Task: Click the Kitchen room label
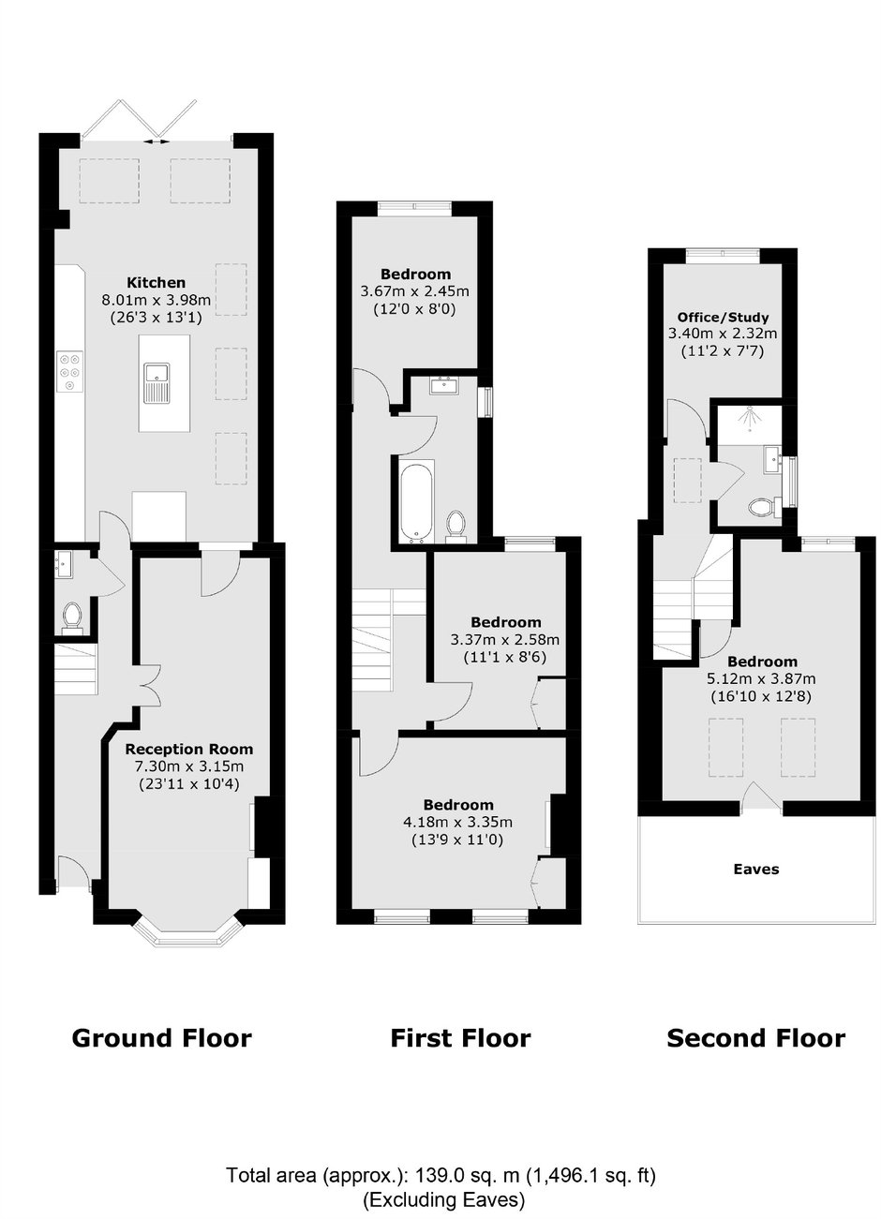tap(157, 282)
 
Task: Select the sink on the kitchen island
tap(157, 383)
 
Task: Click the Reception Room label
tap(189, 749)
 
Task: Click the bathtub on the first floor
tap(416, 501)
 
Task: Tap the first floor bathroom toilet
tap(455, 528)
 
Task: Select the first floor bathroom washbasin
tap(445, 385)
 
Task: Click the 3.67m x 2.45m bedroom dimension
tap(415, 291)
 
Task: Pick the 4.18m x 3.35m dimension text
tap(457, 822)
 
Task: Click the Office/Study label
tap(723, 317)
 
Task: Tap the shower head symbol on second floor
tap(751, 419)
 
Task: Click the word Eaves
tap(755, 870)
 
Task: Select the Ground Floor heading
tap(162, 1038)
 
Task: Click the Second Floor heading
tap(755, 1038)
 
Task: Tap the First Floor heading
tap(460, 1038)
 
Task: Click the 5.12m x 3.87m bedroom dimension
tap(761, 678)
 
